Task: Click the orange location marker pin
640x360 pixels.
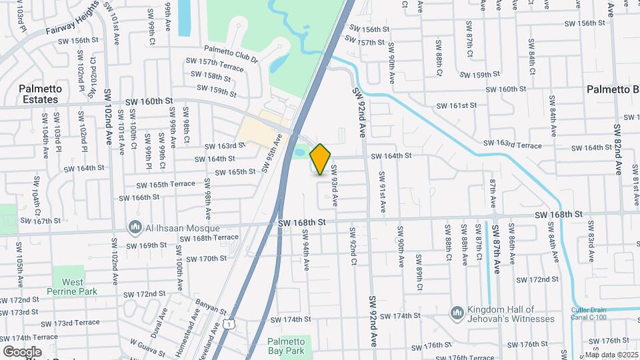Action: tap(321, 159)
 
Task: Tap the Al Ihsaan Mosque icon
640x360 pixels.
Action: tap(136, 228)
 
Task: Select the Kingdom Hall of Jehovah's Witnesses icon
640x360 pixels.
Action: tap(457, 313)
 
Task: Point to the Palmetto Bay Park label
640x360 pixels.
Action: tap(290, 345)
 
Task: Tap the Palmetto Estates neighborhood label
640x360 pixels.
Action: tap(40, 94)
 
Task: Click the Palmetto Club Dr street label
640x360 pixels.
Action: tap(231, 54)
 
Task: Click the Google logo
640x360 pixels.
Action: tap(22, 351)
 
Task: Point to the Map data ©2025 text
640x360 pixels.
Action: tap(612, 355)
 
